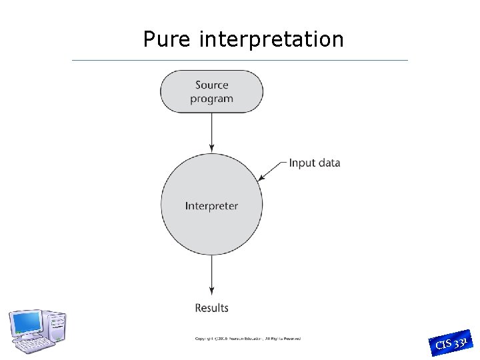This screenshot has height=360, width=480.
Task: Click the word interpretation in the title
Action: click(271, 40)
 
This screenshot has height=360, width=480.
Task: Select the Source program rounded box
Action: click(211, 91)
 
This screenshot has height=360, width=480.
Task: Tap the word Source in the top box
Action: click(212, 85)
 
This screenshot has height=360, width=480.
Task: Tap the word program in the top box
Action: click(211, 99)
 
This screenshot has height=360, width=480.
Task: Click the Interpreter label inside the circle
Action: click(211, 206)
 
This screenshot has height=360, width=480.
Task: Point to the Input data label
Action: click(315, 163)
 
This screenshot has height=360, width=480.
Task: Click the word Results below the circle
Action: click(211, 308)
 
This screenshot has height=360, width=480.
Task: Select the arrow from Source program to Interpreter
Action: click(212, 131)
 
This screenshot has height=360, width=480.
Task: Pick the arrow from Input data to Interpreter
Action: click(273, 171)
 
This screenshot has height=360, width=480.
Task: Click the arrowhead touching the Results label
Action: click(212, 291)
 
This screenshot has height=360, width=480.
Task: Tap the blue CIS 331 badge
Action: click(453, 343)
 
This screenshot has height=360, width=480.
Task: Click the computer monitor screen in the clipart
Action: click(26, 324)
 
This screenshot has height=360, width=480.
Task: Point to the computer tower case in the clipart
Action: click(56, 327)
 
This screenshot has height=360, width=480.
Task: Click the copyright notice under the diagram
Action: click(247, 339)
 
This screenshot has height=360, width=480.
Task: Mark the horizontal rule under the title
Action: click(240, 61)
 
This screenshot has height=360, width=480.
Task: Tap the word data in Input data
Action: click(328, 163)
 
